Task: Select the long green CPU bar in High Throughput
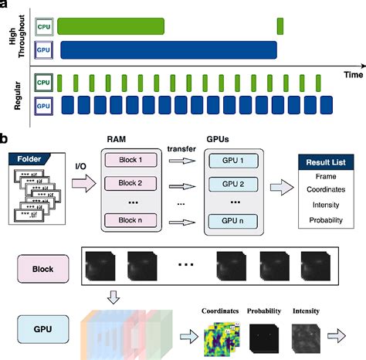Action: [x=111, y=27]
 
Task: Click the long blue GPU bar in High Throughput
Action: [x=168, y=50]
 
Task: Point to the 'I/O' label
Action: [x=81, y=164]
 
